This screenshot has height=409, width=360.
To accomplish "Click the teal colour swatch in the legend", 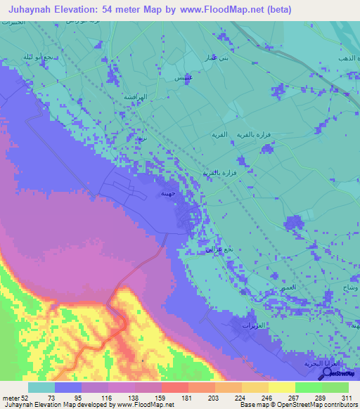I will pos(41,387).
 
